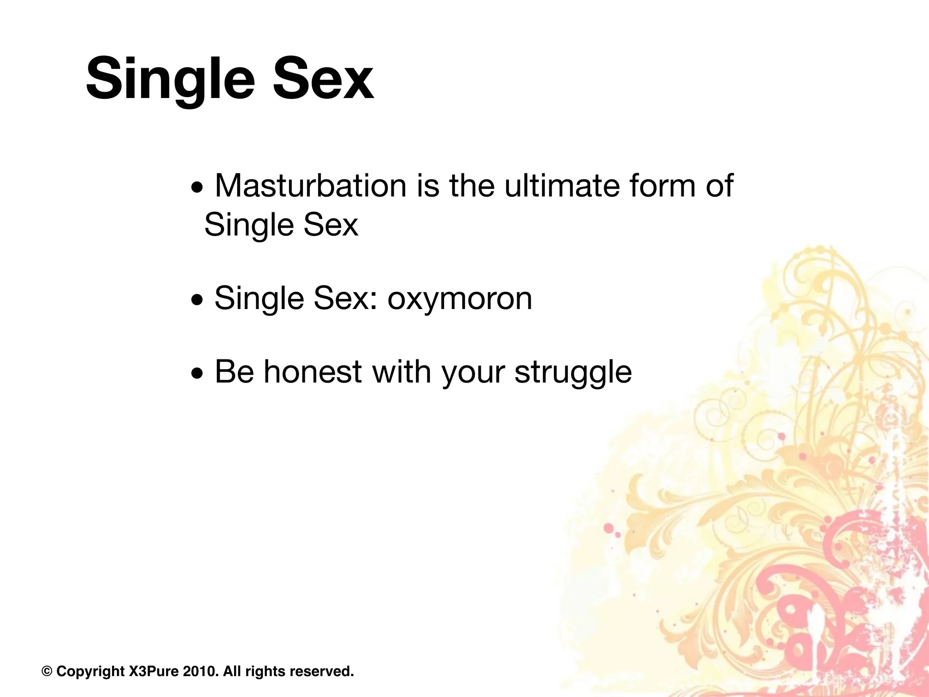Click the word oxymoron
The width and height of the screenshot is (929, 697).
[x=460, y=298]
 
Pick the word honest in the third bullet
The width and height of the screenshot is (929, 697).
[x=313, y=372]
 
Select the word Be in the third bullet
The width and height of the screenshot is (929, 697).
[x=234, y=372]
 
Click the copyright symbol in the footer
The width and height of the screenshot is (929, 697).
[x=47, y=671]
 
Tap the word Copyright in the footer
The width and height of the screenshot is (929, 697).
[x=90, y=672]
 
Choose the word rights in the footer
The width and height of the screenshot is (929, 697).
[x=265, y=672]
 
